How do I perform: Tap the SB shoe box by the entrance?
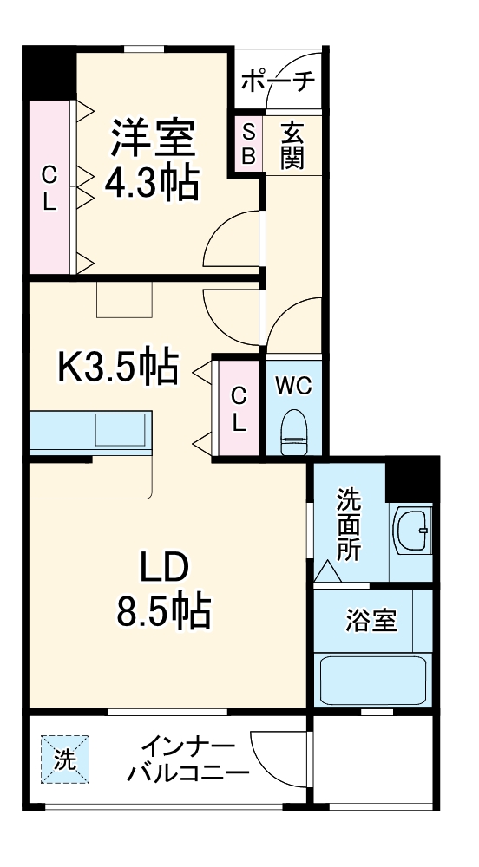(x=248, y=144)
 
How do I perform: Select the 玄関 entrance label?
(x=292, y=145)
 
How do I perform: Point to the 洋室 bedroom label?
(x=152, y=138)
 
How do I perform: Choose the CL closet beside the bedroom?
(x=49, y=188)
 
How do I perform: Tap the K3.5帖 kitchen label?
(x=117, y=368)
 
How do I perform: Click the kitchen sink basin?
(x=121, y=429)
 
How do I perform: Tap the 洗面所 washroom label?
(x=349, y=525)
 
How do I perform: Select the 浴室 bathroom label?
(x=371, y=621)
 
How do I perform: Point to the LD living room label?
(x=166, y=568)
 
